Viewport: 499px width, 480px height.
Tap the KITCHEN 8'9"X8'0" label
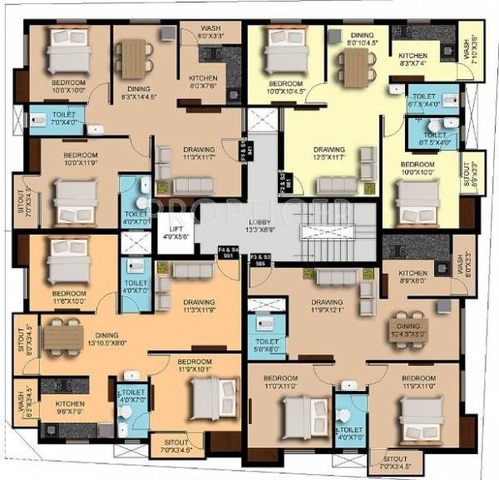point(413,277)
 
